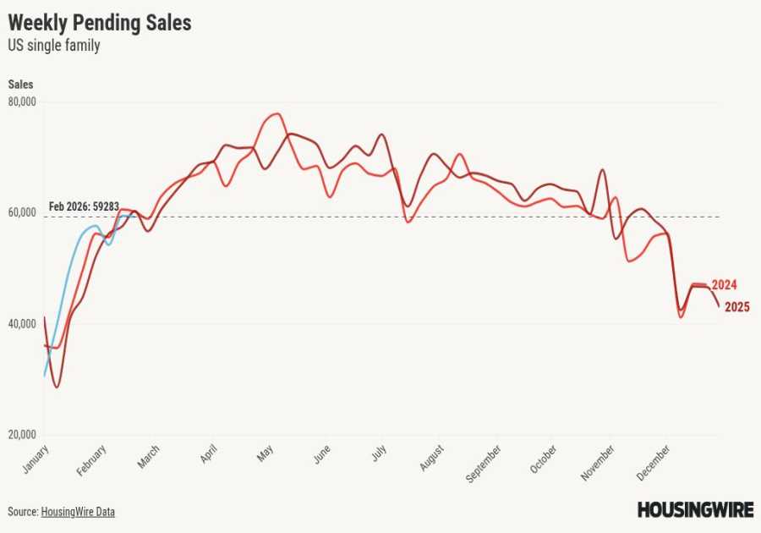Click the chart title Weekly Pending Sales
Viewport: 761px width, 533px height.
[x=100, y=23]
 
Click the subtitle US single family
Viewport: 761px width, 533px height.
[x=54, y=46]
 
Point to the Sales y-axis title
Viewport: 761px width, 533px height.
[x=20, y=84]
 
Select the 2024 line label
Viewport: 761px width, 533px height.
[x=724, y=284]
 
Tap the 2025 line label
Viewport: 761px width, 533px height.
[x=736, y=307]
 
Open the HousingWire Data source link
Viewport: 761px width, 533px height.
[x=78, y=512]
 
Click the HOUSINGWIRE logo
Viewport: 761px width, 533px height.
[x=695, y=509]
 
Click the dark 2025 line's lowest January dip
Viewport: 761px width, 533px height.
[x=57, y=387]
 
